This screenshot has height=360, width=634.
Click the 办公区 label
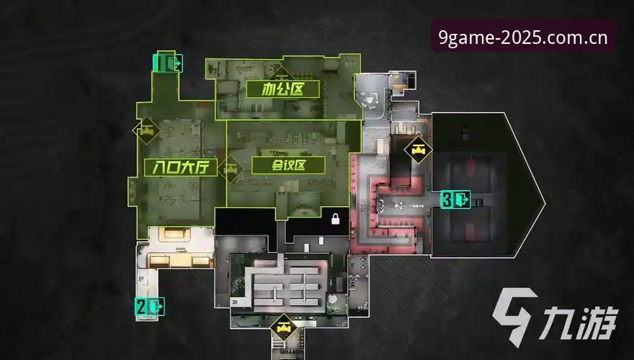click(282, 89)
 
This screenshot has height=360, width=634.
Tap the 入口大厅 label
click(180, 167)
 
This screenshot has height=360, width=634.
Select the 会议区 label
click(288, 166)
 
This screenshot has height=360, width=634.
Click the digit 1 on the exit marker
click(161, 63)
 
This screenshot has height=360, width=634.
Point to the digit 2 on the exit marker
click(140, 307)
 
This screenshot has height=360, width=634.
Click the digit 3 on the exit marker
click(447, 199)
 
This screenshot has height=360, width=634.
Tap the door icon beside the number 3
click(461, 199)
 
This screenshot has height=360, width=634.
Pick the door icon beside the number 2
click(156, 307)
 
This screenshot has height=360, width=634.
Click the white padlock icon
click(335, 219)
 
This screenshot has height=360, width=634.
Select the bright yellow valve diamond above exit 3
click(418, 150)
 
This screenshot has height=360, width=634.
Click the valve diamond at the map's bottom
click(284, 328)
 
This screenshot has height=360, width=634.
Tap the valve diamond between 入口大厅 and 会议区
click(231, 169)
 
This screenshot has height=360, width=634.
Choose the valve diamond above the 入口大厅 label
click(146, 130)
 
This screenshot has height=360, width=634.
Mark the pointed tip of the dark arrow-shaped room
click(544, 203)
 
